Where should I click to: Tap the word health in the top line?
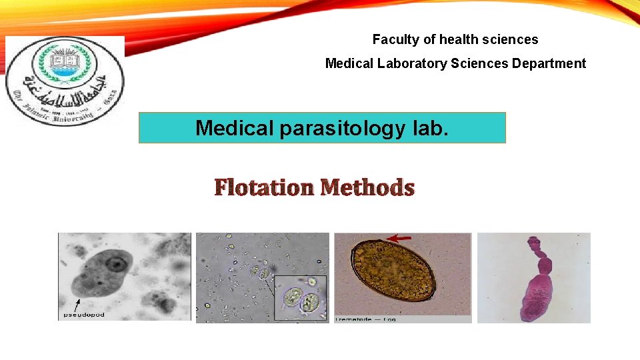click(x=455, y=39)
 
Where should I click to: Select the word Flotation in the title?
click(x=263, y=188)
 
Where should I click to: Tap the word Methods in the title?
click(x=367, y=188)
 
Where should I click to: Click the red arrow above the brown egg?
click(x=400, y=237)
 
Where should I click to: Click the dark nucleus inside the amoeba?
click(x=117, y=265)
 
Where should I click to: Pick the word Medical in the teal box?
click(x=235, y=128)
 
